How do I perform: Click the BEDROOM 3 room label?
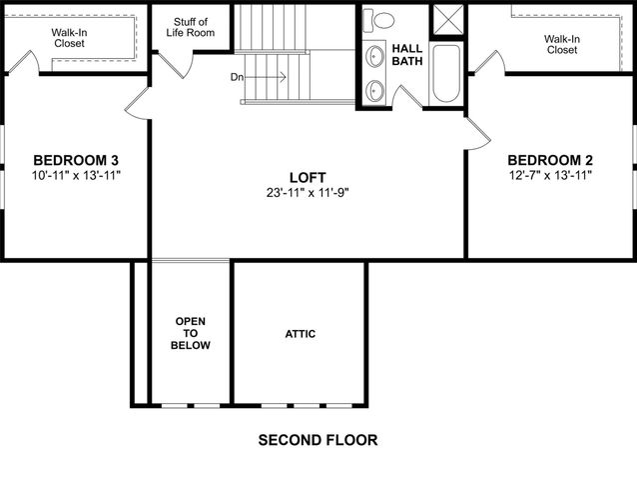coord(76,160)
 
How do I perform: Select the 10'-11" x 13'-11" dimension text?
coord(76,175)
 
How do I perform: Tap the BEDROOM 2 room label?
coord(550,160)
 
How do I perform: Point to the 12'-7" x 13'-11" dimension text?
coord(550,175)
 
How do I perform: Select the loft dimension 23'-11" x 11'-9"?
coord(307,192)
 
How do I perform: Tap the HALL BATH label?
coord(406,55)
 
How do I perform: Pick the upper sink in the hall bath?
coord(376,55)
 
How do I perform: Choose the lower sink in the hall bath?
coord(376,89)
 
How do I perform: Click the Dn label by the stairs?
coord(237,77)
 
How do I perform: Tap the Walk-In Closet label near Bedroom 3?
coord(70,38)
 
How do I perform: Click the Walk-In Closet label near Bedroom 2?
coord(561,44)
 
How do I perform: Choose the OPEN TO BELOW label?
coord(191,333)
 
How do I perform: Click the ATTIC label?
coord(300,334)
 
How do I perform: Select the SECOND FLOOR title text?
coord(318,439)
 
